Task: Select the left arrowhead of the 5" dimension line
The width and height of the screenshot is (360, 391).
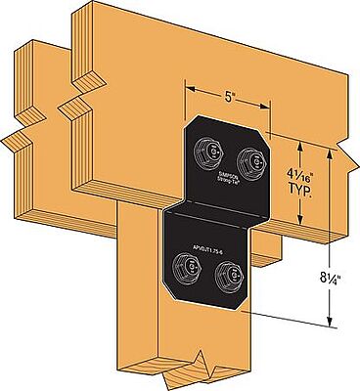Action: coord(188,90)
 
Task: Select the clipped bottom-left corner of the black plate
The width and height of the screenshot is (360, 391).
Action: coord(167,292)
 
